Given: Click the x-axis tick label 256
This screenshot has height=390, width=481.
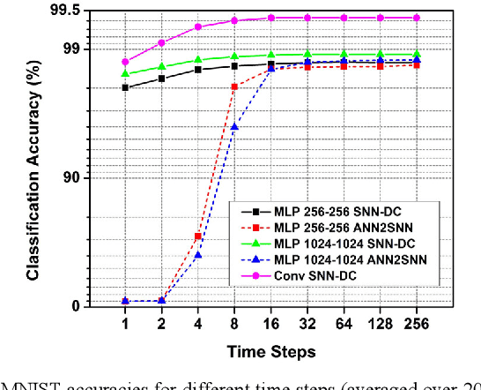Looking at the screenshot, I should tap(416, 325).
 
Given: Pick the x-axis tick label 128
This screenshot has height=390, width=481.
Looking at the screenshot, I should tap(380, 325).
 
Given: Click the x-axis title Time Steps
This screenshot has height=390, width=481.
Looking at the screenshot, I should tap(270, 352).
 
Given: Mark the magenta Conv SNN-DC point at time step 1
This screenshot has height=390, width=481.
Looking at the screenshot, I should tap(125, 62).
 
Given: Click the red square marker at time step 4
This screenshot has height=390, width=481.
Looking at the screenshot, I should tap(197, 236).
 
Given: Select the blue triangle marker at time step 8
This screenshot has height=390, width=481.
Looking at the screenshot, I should tap(234, 127).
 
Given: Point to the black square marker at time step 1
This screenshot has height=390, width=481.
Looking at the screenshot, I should tap(125, 87).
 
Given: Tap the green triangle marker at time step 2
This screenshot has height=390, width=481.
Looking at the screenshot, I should tap(161, 67).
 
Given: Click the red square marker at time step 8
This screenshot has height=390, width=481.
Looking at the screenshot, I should tap(234, 86).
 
